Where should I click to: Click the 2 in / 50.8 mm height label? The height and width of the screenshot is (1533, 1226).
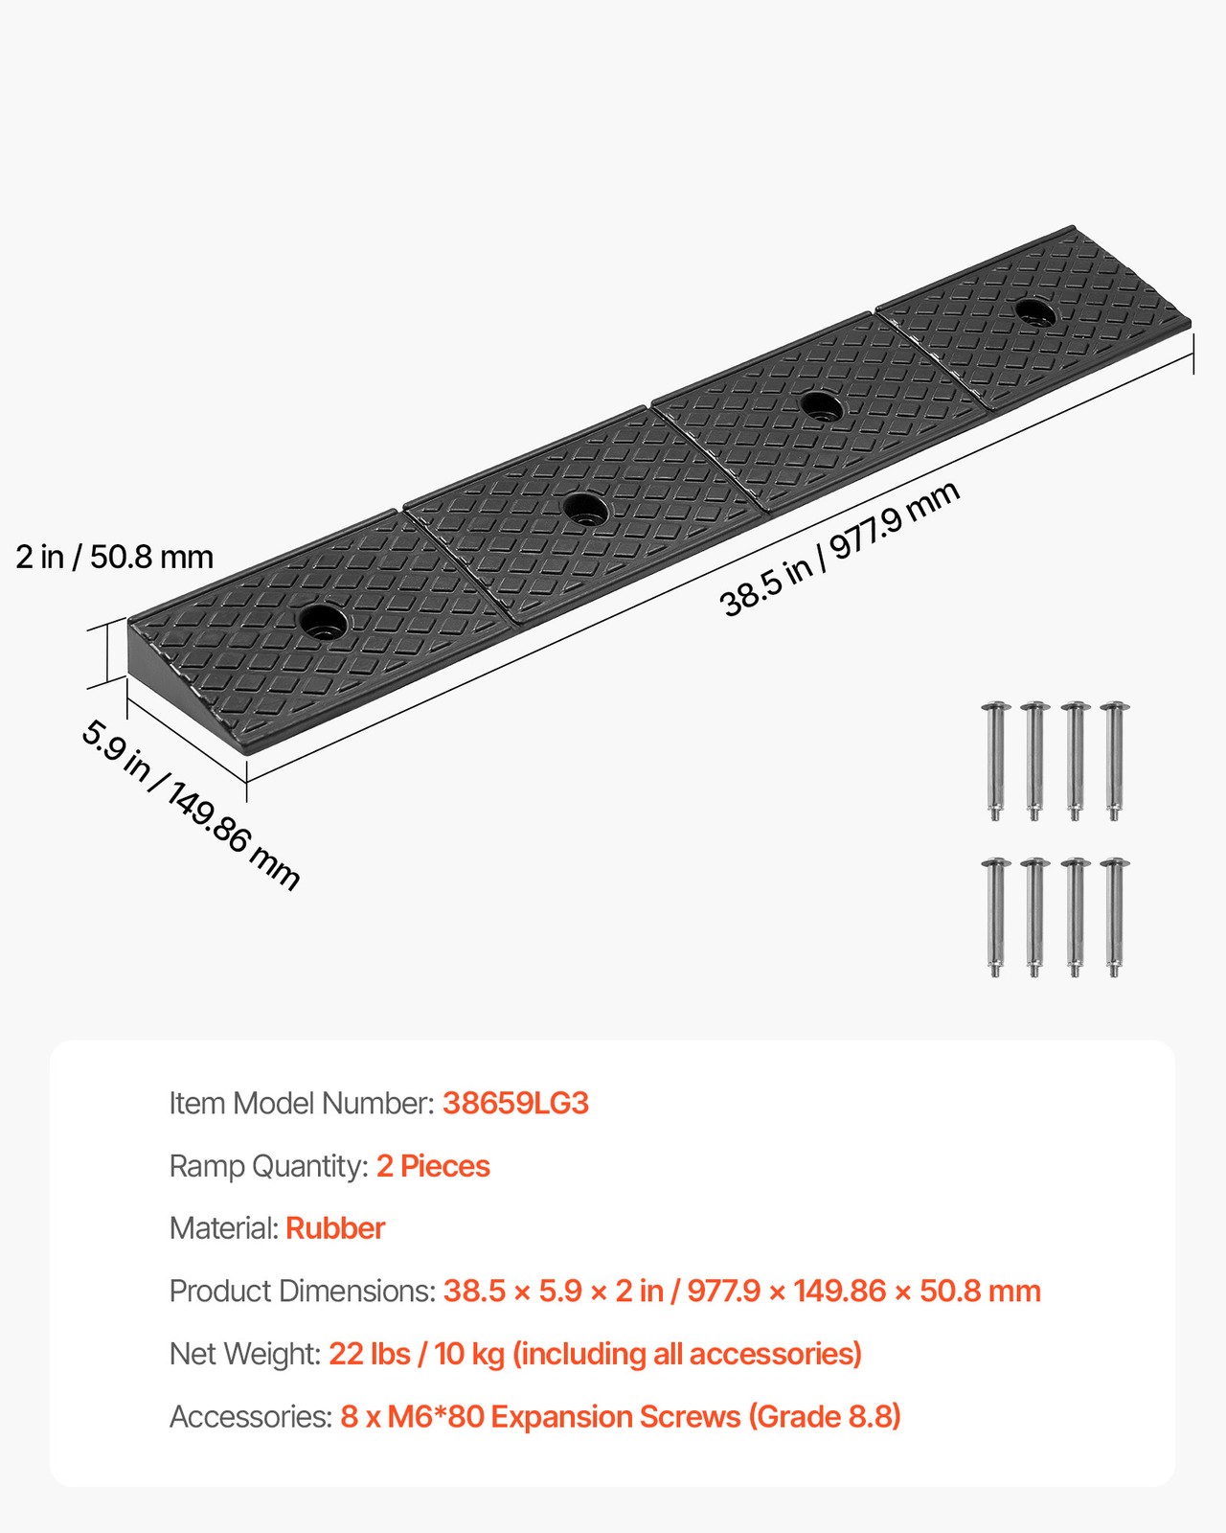114,557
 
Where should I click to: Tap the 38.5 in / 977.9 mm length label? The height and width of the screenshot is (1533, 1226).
839,549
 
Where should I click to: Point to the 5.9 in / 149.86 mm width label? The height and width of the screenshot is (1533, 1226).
190,805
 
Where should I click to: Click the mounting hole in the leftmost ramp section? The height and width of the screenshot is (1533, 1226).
323,621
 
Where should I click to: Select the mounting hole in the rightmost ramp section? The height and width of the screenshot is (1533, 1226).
1033,311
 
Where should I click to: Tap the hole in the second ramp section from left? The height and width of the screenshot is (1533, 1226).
585,508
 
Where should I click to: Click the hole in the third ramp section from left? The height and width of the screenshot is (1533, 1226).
821,406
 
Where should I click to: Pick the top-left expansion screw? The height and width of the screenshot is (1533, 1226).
996,761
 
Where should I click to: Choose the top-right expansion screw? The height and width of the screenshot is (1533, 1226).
1114,761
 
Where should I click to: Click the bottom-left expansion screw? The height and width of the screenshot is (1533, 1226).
996,917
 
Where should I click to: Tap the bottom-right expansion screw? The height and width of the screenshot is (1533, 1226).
1114,917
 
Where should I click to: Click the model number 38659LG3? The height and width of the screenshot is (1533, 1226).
515,1104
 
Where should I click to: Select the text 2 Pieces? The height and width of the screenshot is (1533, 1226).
433,1166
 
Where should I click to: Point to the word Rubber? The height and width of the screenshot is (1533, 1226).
335,1228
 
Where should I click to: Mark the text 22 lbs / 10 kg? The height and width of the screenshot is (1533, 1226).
417,1354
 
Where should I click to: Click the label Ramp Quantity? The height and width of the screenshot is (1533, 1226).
268,1166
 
